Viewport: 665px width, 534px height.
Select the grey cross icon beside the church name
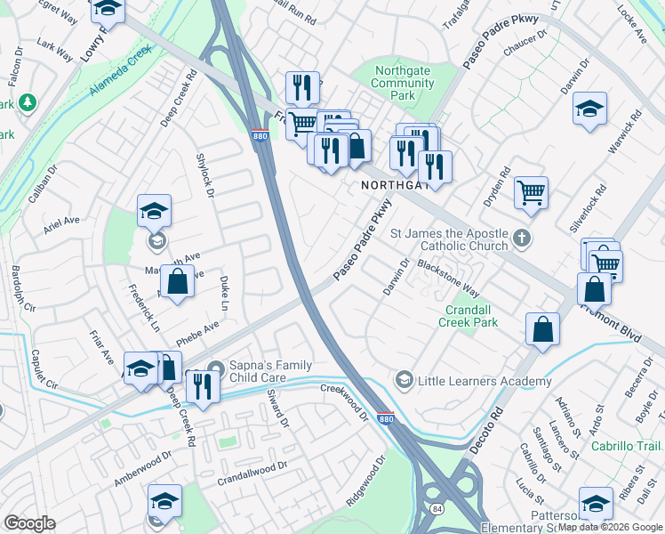(521, 239)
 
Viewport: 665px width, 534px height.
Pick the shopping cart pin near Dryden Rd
(531, 191)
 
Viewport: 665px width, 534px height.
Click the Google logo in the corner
(29, 523)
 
